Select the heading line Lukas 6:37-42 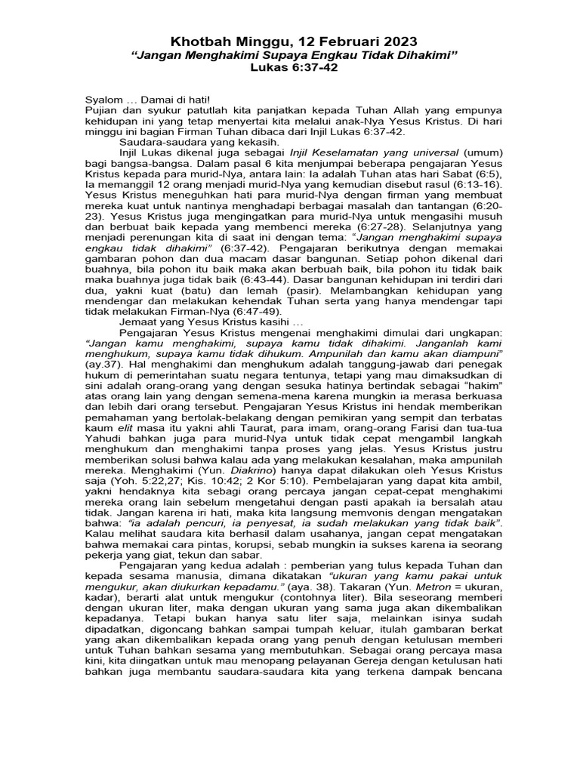tap(291, 68)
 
